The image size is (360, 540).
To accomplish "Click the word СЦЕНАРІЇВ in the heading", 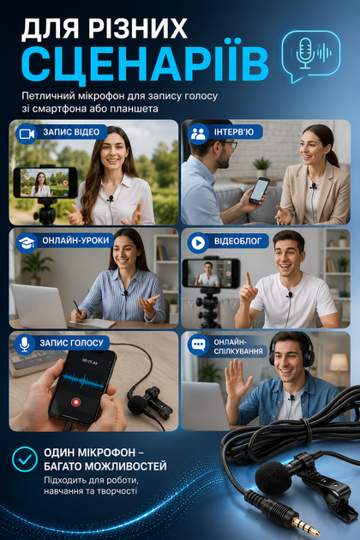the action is pos(145,63).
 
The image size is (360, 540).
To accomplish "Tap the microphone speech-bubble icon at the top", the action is pos(311,56).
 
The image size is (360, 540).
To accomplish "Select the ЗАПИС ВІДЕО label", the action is pos(71,132).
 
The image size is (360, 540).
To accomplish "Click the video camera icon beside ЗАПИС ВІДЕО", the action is pos(27,133).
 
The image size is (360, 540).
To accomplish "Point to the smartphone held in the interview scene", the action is pos(260,190).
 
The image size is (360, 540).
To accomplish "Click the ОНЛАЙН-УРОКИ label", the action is pos(75,240).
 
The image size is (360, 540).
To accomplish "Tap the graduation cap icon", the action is pos(27,243).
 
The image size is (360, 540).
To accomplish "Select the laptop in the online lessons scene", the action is pos(39,305).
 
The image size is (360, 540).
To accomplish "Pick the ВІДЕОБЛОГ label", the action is pos(237,241).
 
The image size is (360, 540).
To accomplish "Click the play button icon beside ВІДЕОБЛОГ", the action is pos(198,243).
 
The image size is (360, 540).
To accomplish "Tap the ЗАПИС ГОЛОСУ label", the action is pos(71,343).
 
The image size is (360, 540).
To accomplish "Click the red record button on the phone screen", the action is pos(75,401).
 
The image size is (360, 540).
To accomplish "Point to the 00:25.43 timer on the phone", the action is pos(89,363).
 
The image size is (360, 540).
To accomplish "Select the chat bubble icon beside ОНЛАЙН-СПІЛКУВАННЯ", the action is pos(198,345).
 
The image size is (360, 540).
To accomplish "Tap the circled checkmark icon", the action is pos(25,459).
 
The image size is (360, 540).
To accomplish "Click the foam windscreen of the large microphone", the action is pos(273,478).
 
